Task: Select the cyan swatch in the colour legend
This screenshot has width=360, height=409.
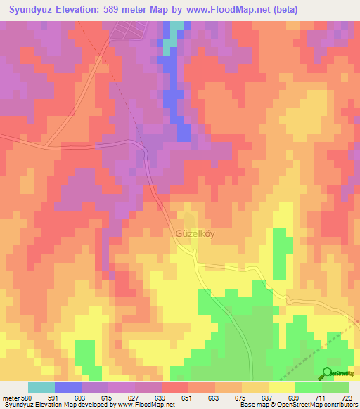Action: (x=41, y=387)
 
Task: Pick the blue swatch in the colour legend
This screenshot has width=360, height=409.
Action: (x=68, y=387)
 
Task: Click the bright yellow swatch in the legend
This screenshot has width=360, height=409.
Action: (x=281, y=387)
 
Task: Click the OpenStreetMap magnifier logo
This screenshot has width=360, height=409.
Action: (x=328, y=373)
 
